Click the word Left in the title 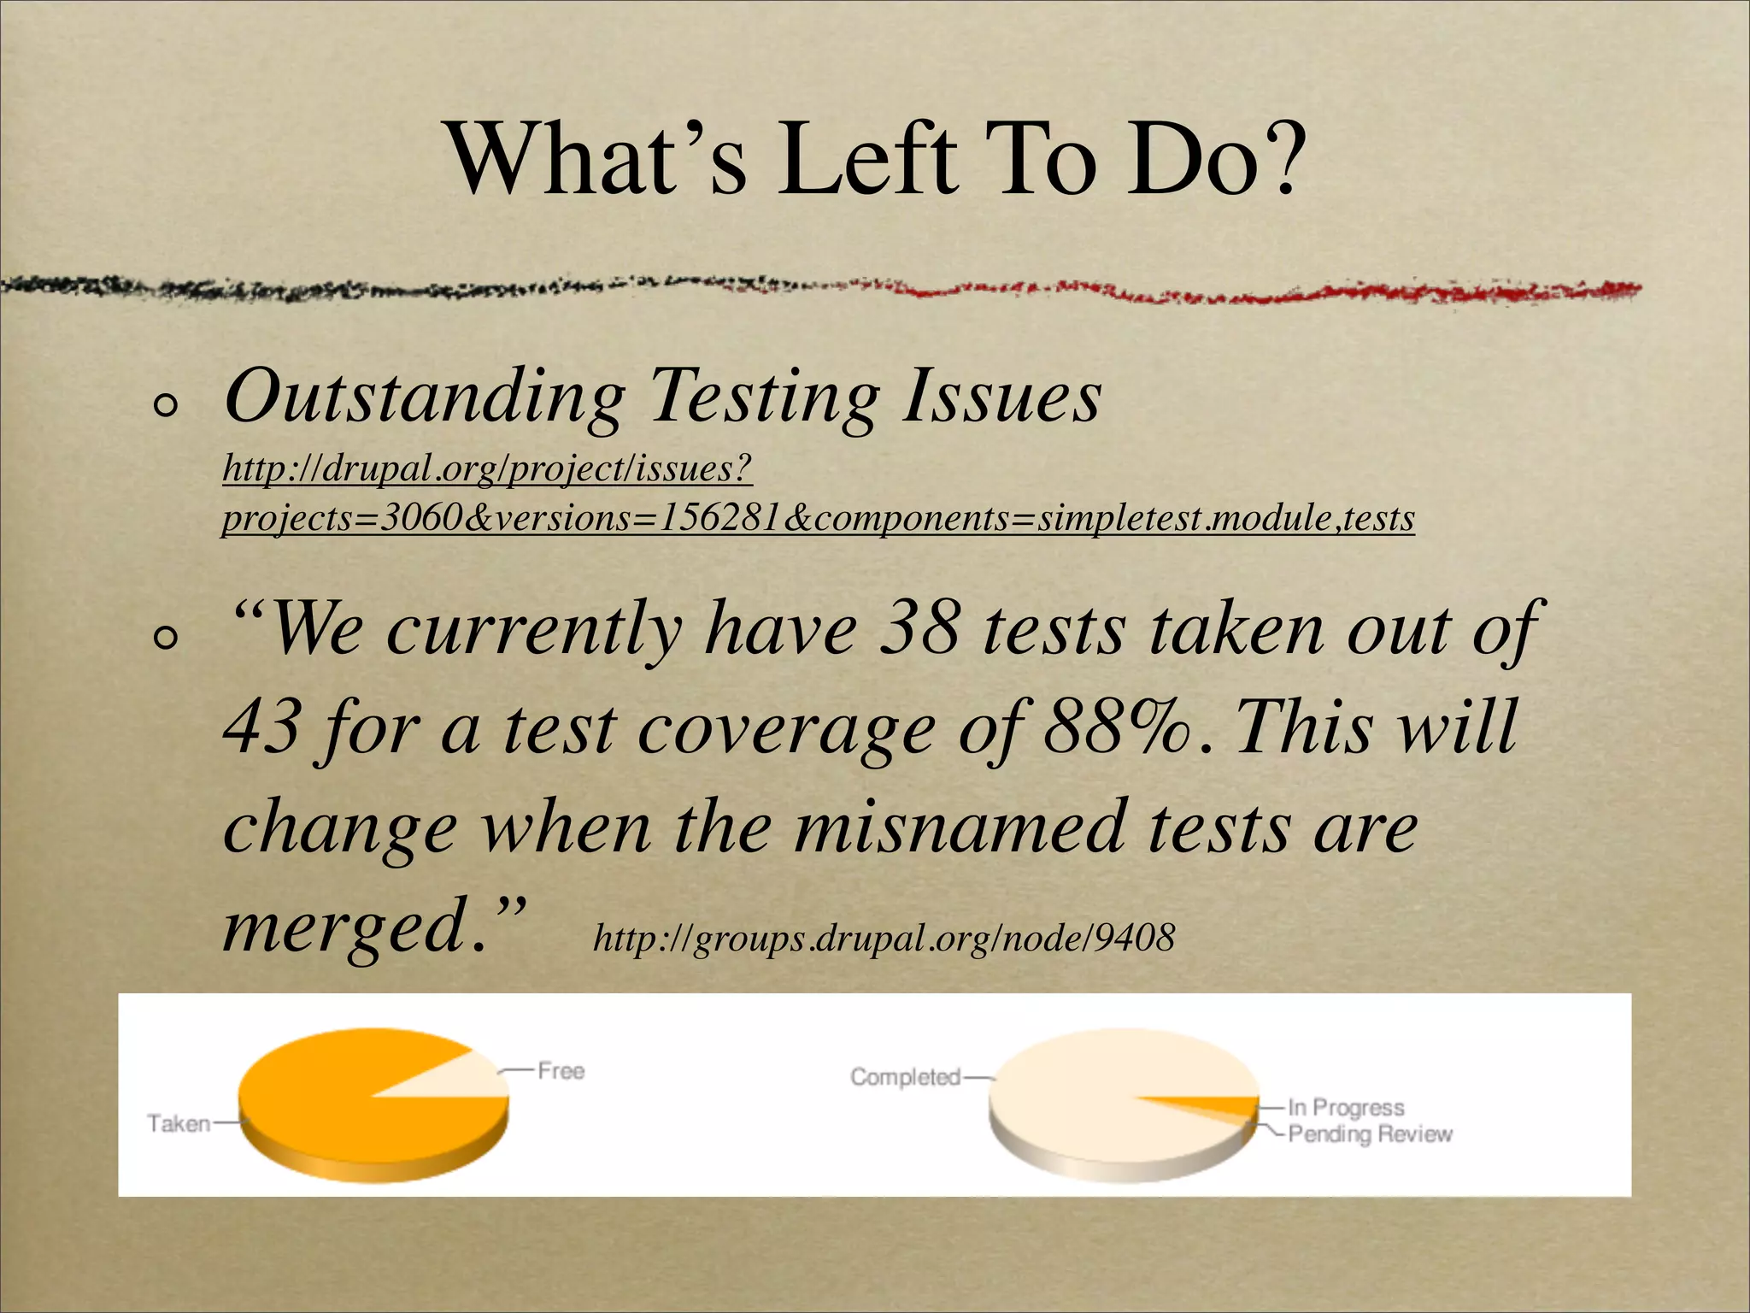867,159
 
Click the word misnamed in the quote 957,827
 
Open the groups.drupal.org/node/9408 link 884,938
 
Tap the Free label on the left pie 561,1070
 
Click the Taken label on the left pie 179,1123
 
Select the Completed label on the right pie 905,1077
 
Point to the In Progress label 1346,1108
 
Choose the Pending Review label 1370,1134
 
